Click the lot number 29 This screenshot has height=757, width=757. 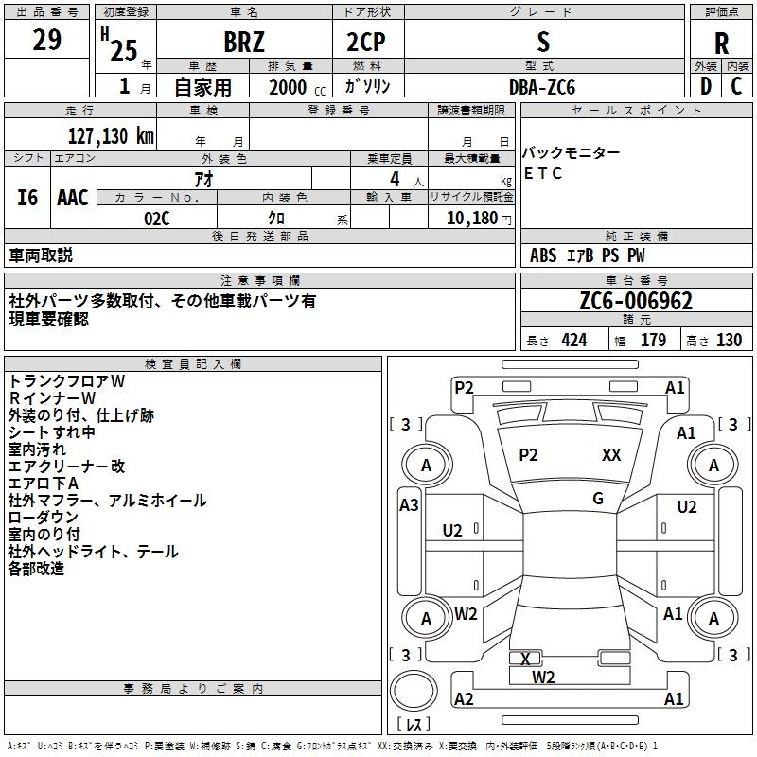click(x=47, y=41)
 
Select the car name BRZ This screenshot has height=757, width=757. click(x=244, y=43)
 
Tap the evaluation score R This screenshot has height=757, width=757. click(x=722, y=43)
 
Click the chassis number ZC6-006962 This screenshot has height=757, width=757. click(x=637, y=301)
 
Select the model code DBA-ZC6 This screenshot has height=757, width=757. click(x=542, y=87)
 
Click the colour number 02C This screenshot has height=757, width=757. click(x=157, y=218)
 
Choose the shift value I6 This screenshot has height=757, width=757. click(x=28, y=198)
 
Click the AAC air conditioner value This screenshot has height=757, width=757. click(x=73, y=198)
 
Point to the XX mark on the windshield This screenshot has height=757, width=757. click(x=611, y=455)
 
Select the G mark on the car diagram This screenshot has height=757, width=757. click(x=598, y=499)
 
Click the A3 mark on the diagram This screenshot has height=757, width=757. click(x=409, y=505)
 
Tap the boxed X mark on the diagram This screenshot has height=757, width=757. click(x=525, y=659)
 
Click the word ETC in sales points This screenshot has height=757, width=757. click(x=543, y=173)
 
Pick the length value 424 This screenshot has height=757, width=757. click(x=573, y=341)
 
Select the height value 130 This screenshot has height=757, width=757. click(x=729, y=341)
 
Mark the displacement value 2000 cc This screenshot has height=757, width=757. click(x=293, y=87)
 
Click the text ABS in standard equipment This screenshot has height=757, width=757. click(x=543, y=255)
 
